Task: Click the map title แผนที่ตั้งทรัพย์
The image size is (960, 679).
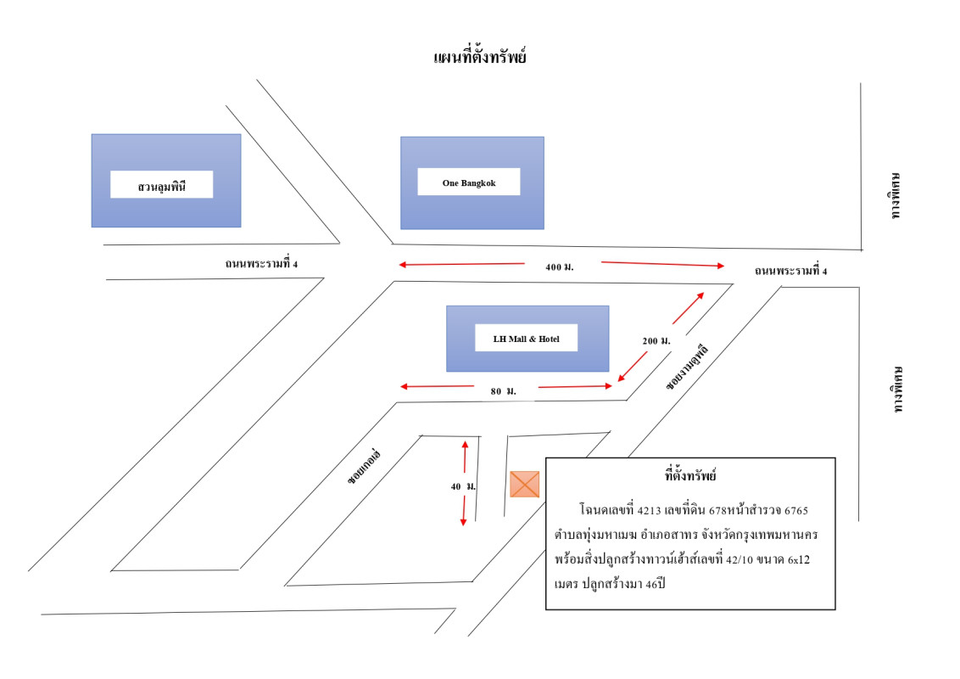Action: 480,59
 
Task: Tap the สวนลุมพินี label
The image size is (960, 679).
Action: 161,184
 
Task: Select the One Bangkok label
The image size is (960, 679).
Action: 469,182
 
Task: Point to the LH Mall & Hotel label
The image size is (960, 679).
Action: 526,339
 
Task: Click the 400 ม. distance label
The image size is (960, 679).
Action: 560,267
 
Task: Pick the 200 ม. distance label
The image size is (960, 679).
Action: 656,340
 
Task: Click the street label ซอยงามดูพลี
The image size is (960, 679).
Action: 686,367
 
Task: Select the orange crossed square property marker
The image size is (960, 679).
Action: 524,483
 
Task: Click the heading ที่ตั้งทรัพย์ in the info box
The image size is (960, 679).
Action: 691,475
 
